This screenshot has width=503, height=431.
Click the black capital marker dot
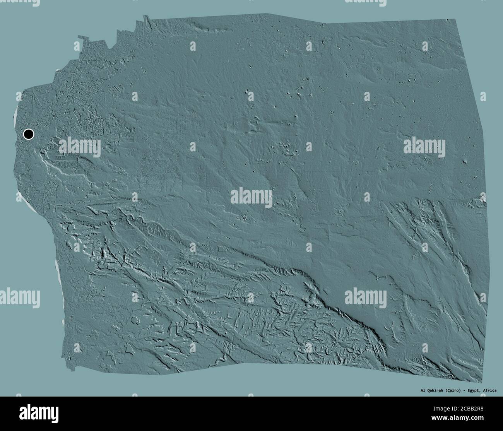29,134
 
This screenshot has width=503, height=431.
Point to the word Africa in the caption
489,390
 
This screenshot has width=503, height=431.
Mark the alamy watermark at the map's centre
251,198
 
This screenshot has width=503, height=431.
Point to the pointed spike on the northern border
146,17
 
